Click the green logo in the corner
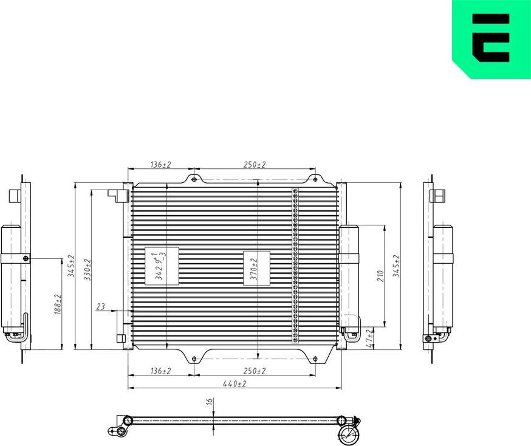[492, 38]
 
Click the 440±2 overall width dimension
[234, 384]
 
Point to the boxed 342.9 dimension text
[160, 267]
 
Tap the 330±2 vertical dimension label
[87, 269]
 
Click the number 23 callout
[101, 307]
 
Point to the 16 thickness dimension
[208, 402]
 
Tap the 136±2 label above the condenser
[160, 165]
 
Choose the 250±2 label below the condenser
[255, 371]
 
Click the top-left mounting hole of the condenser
[193, 179]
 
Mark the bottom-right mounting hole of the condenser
[315, 359]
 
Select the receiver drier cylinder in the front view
[349, 270]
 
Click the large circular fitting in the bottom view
[349, 434]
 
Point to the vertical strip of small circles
[296, 266]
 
